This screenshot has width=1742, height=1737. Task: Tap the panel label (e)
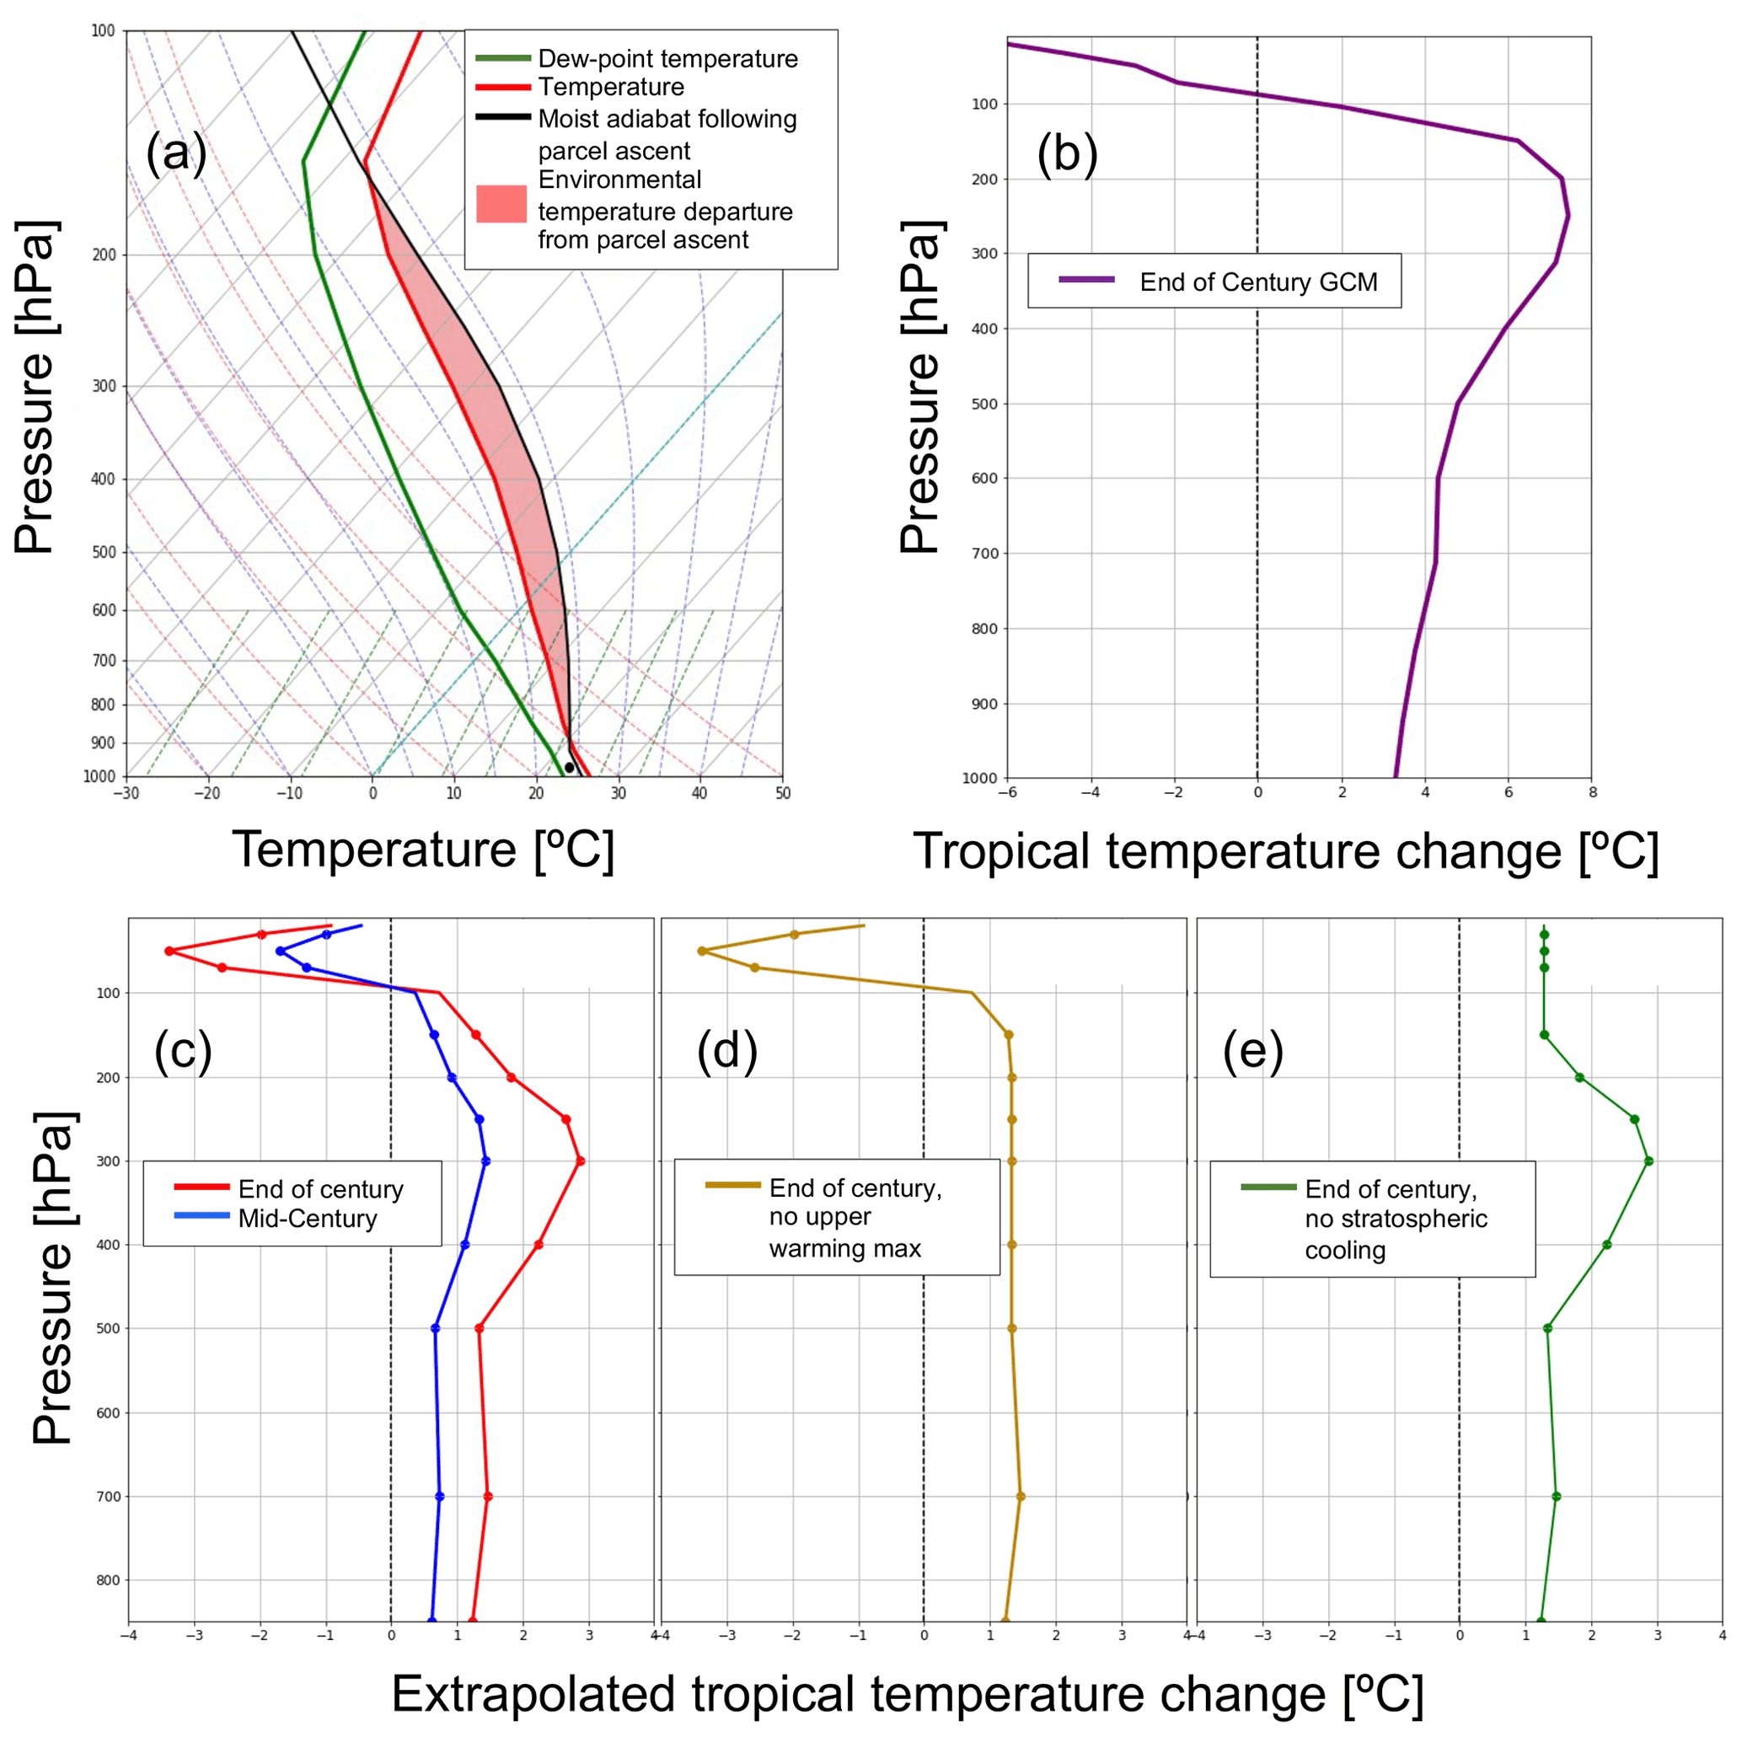point(1252,1050)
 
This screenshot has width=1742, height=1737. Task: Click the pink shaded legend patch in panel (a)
point(501,204)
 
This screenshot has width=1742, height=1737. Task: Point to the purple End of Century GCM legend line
point(1086,281)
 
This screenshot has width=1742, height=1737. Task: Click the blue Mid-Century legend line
point(202,1215)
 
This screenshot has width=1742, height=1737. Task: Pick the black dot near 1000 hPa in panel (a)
point(569,768)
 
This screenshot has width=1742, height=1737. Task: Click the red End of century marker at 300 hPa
point(580,1161)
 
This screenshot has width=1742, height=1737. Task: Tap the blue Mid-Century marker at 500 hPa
point(436,1328)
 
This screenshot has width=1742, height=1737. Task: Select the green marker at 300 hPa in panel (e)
point(1648,1161)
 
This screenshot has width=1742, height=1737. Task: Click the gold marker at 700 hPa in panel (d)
point(1021,1496)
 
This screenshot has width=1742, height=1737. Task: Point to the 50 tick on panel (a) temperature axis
point(783,794)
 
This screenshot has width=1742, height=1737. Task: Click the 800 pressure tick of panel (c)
point(107,1580)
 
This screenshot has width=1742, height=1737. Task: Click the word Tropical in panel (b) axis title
point(1004,850)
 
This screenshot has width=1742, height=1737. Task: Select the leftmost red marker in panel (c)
point(169,951)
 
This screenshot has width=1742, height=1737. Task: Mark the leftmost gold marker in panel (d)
point(701,951)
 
